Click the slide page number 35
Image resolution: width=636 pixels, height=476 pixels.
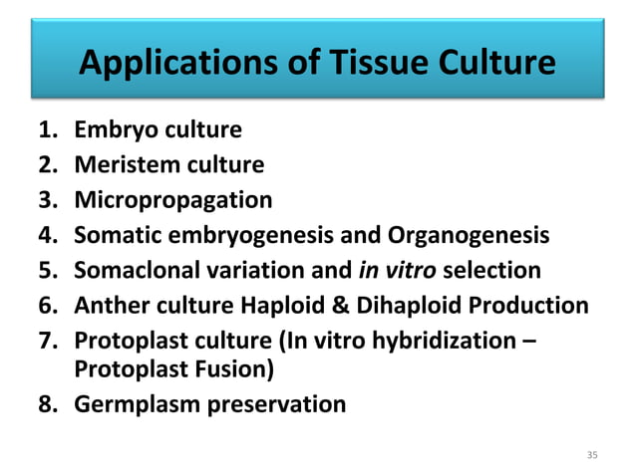click(x=593, y=455)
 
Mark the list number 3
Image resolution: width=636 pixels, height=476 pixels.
click(x=47, y=199)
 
